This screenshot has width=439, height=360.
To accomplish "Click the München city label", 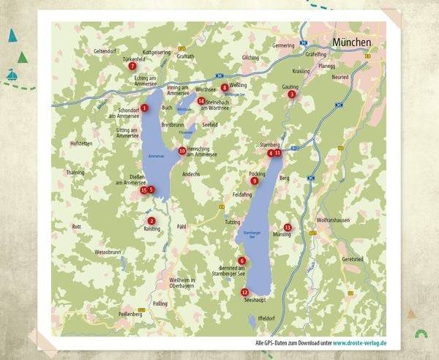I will click(x=352, y=43).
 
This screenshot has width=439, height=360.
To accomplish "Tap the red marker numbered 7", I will click(x=132, y=66).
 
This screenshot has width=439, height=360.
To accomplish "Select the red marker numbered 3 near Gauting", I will click(x=291, y=94).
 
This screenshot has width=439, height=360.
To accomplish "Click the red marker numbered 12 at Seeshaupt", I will click(x=244, y=292).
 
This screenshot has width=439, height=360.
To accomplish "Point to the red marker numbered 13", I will click(x=288, y=228).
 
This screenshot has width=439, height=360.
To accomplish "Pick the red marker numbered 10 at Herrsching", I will click(x=182, y=151).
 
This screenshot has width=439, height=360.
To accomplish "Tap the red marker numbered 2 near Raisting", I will click(x=151, y=221).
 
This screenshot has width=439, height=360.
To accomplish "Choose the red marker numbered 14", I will click(x=201, y=101).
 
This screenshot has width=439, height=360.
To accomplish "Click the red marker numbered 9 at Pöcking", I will click(x=254, y=181).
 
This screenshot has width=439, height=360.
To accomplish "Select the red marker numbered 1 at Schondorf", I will click(x=145, y=108).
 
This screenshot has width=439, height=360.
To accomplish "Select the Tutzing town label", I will click(x=232, y=221).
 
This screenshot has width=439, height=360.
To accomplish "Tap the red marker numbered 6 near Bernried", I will click(x=242, y=260).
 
